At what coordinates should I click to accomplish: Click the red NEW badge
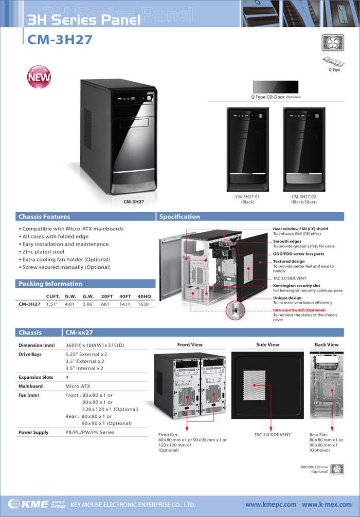click(39, 77)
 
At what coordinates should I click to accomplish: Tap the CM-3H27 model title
click(60, 40)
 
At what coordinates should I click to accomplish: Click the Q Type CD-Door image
click(276, 87)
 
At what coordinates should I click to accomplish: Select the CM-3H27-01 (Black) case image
click(247, 149)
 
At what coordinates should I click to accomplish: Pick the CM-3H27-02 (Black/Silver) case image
click(304, 149)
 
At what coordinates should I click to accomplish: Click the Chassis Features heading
click(44, 217)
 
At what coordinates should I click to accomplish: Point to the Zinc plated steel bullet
click(42, 252)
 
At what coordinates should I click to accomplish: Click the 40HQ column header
click(144, 297)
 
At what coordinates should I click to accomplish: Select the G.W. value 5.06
click(87, 304)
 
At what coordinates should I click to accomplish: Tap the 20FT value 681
click(105, 304)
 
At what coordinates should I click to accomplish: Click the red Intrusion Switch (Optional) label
click(299, 310)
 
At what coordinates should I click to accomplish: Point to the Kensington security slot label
click(296, 286)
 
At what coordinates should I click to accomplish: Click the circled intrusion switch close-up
click(235, 310)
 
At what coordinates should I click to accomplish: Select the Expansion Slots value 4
click(67, 377)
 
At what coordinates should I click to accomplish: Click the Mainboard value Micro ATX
click(78, 386)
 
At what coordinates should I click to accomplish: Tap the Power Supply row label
click(33, 432)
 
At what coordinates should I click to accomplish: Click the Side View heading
click(267, 344)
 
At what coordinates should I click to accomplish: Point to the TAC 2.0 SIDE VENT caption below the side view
click(272, 435)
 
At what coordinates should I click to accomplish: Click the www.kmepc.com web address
click(271, 505)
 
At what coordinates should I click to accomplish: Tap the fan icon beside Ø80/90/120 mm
click(337, 469)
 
